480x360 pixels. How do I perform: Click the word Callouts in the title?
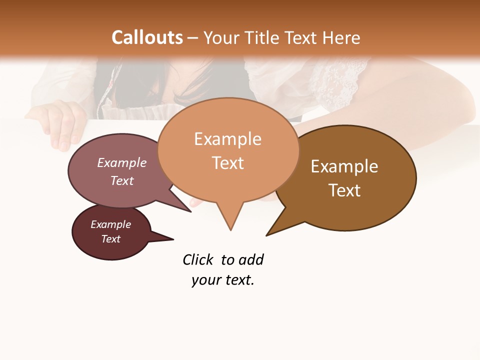point(147,37)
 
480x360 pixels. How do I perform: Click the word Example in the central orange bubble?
point(227,139)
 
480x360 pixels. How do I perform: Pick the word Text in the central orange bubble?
point(227,162)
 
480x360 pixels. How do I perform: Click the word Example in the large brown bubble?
point(344,166)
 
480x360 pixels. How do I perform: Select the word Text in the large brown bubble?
point(344,190)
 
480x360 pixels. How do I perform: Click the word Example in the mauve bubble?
point(122,162)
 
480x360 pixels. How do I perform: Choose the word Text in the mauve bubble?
point(122,180)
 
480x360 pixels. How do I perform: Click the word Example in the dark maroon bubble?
point(111,224)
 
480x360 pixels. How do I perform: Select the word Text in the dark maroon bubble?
point(111,239)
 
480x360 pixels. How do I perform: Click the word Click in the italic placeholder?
point(197,259)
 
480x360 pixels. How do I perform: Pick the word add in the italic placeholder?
point(251,259)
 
